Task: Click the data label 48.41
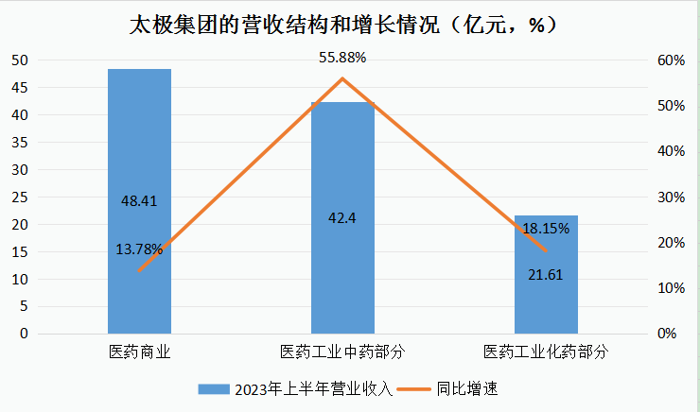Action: (x=139, y=201)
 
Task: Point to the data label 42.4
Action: (x=342, y=218)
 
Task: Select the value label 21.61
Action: (x=546, y=274)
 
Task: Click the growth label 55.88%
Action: (x=342, y=58)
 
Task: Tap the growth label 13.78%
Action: (x=139, y=249)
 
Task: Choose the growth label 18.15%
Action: (x=546, y=229)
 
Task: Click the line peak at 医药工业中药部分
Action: (x=342, y=78)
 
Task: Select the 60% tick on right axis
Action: (x=672, y=60)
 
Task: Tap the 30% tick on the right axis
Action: (x=672, y=197)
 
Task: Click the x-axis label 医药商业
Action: (x=139, y=352)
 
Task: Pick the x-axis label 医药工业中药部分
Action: (x=342, y=352)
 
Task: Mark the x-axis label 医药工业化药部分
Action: (x=546, y=352)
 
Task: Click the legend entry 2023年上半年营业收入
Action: (x=294, y=388)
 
